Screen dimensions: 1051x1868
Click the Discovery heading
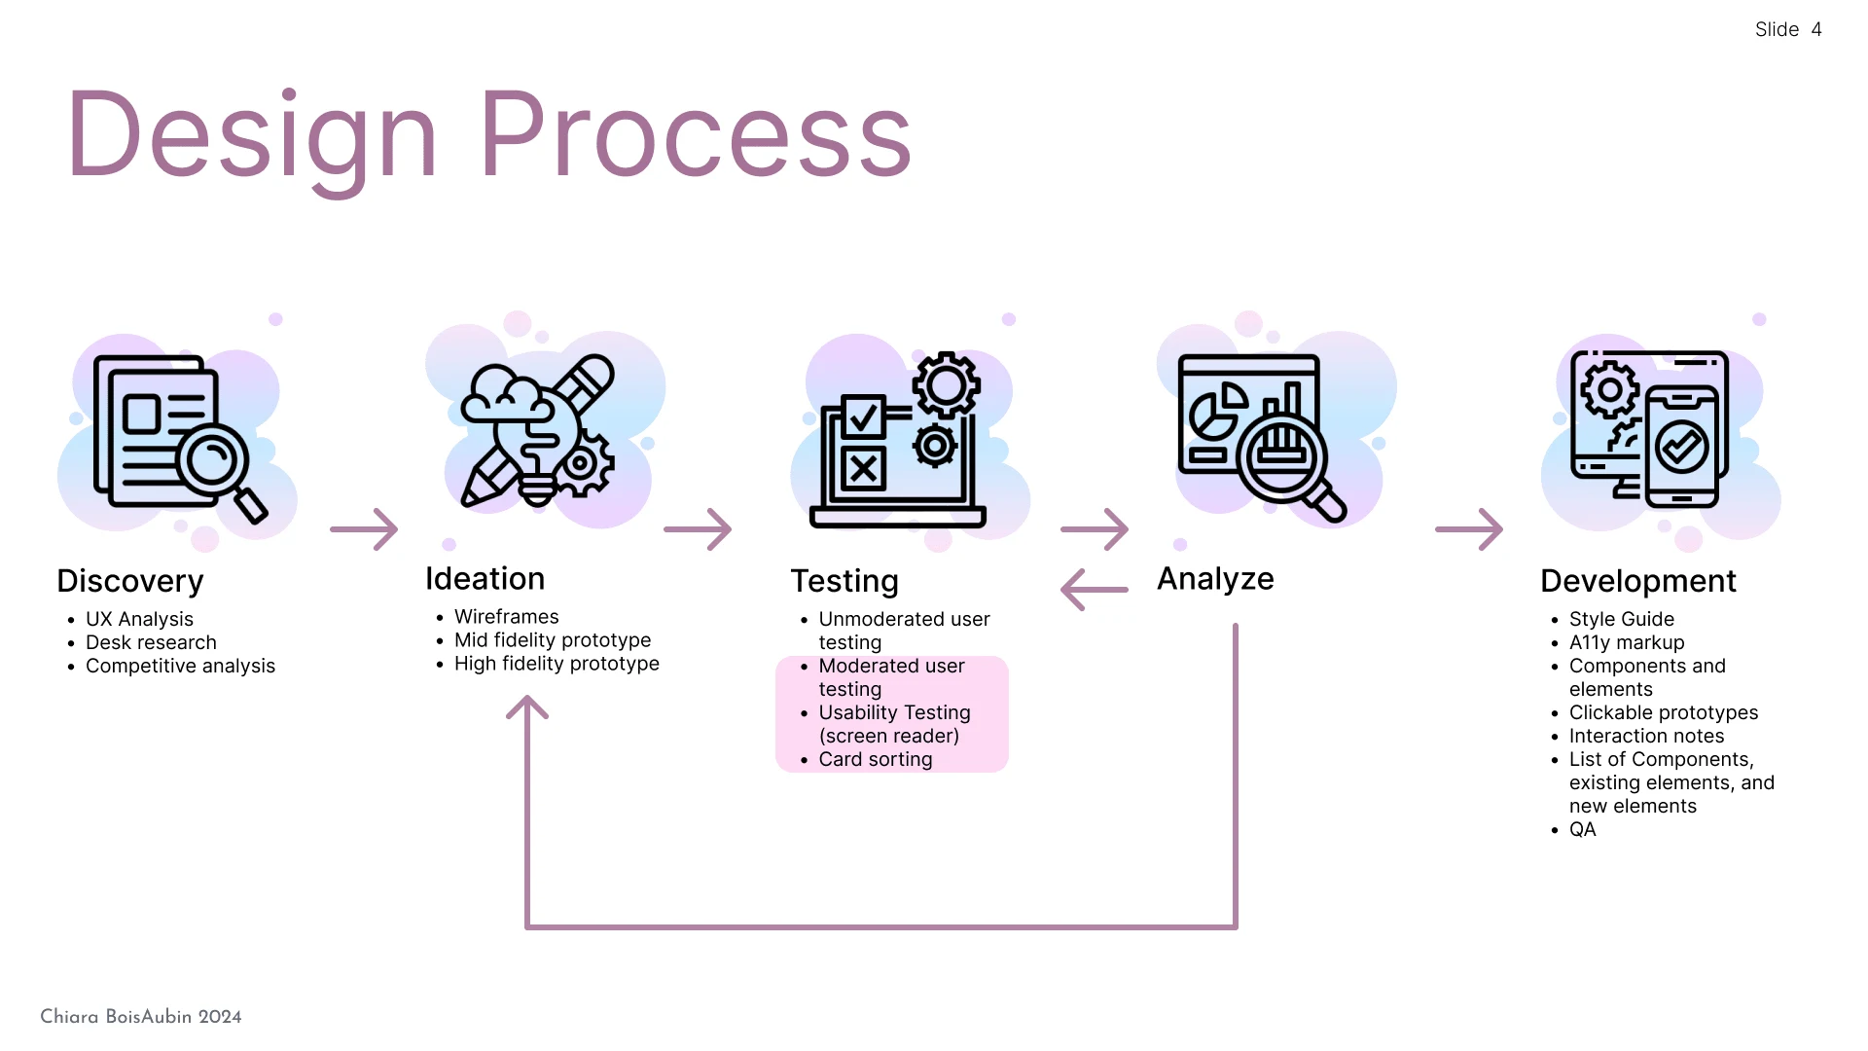[130, 581]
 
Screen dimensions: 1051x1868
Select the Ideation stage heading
[485, 579]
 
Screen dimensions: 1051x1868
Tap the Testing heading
[844, 581]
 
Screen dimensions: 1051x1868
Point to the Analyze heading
[1215, 579]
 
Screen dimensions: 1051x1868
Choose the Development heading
[1637, 581]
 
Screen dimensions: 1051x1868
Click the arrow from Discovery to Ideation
[364, 529]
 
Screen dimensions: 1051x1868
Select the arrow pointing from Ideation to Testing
[698, 529]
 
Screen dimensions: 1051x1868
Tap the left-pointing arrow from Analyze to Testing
[1094, 590]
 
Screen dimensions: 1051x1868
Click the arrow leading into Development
[1469, 529]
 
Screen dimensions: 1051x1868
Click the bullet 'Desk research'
[151, 642]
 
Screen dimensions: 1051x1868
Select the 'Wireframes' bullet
[506, 617]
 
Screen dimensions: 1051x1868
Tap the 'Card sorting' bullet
[875, 759]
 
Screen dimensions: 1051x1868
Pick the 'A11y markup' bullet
[1626, 642]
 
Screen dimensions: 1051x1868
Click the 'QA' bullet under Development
[1582, 829]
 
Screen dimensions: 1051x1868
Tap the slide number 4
[1815, 29]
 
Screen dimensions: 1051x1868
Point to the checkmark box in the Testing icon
[863, 417]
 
